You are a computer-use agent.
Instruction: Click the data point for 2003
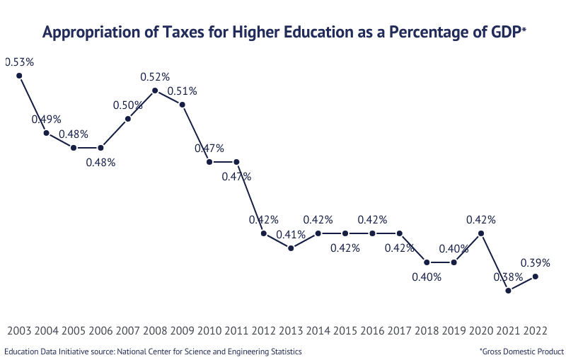tap(19, 76)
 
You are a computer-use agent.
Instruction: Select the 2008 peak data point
tap(155, 91)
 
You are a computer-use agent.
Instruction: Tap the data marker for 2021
tap(508, 291)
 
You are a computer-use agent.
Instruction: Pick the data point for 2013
tap(291, 248)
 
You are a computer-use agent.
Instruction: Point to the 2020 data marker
tap(481, 233)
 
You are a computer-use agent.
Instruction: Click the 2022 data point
tap(536, 277)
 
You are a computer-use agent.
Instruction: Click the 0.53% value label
tap(20, 62)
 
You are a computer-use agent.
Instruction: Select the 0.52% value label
tap(155, 76)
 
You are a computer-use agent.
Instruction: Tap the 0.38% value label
tap(508, 277)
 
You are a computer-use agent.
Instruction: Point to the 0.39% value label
tap(536, 262)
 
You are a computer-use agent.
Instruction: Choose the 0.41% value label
tap(291, 234)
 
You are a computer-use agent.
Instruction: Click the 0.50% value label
tap(128, 105)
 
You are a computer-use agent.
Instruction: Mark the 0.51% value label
tap(183, 91)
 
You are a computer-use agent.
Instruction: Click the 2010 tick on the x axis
tap(209, 330)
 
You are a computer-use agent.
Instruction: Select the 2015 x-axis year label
tap(345, 330)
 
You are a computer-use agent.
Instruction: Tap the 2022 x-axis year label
tap(536, 330)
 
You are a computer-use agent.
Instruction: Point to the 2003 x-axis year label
tap(19, 330)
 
